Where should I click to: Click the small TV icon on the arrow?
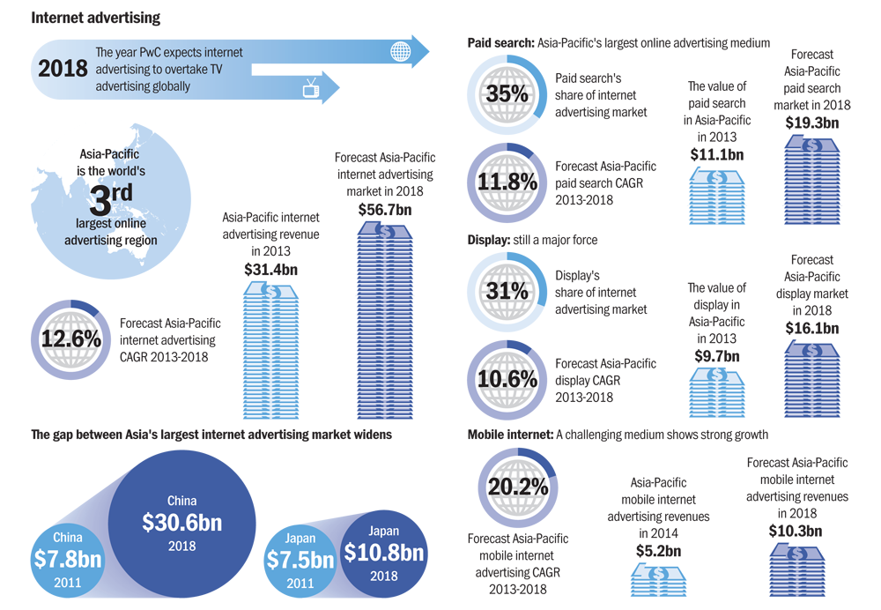pos(311,88)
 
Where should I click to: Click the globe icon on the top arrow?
pos(401,52)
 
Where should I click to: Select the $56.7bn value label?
pos(385,211)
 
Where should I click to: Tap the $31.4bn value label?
pos(270,270)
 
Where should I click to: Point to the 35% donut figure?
pos(507,94)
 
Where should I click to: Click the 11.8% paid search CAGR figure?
pos(507,182)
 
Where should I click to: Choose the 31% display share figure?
pos(507,291)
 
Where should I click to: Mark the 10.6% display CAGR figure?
pos(507,380)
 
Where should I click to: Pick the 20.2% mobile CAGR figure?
pos(517,487)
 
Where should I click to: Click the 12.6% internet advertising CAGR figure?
pos(70,339)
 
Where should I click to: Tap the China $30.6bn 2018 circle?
pos(181,524)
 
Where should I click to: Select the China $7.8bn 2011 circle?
pos(68,561)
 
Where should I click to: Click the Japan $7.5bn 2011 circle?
pos(300,561)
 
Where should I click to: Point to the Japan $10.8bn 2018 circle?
pos(384,554)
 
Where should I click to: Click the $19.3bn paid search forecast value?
pos(812,123)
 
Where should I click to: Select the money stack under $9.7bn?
pos(717,392)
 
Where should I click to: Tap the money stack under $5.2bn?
pos(658,581)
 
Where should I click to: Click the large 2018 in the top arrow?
pos(63,69)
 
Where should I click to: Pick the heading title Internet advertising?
pos(95,18)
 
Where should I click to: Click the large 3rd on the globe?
pos(111,198)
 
